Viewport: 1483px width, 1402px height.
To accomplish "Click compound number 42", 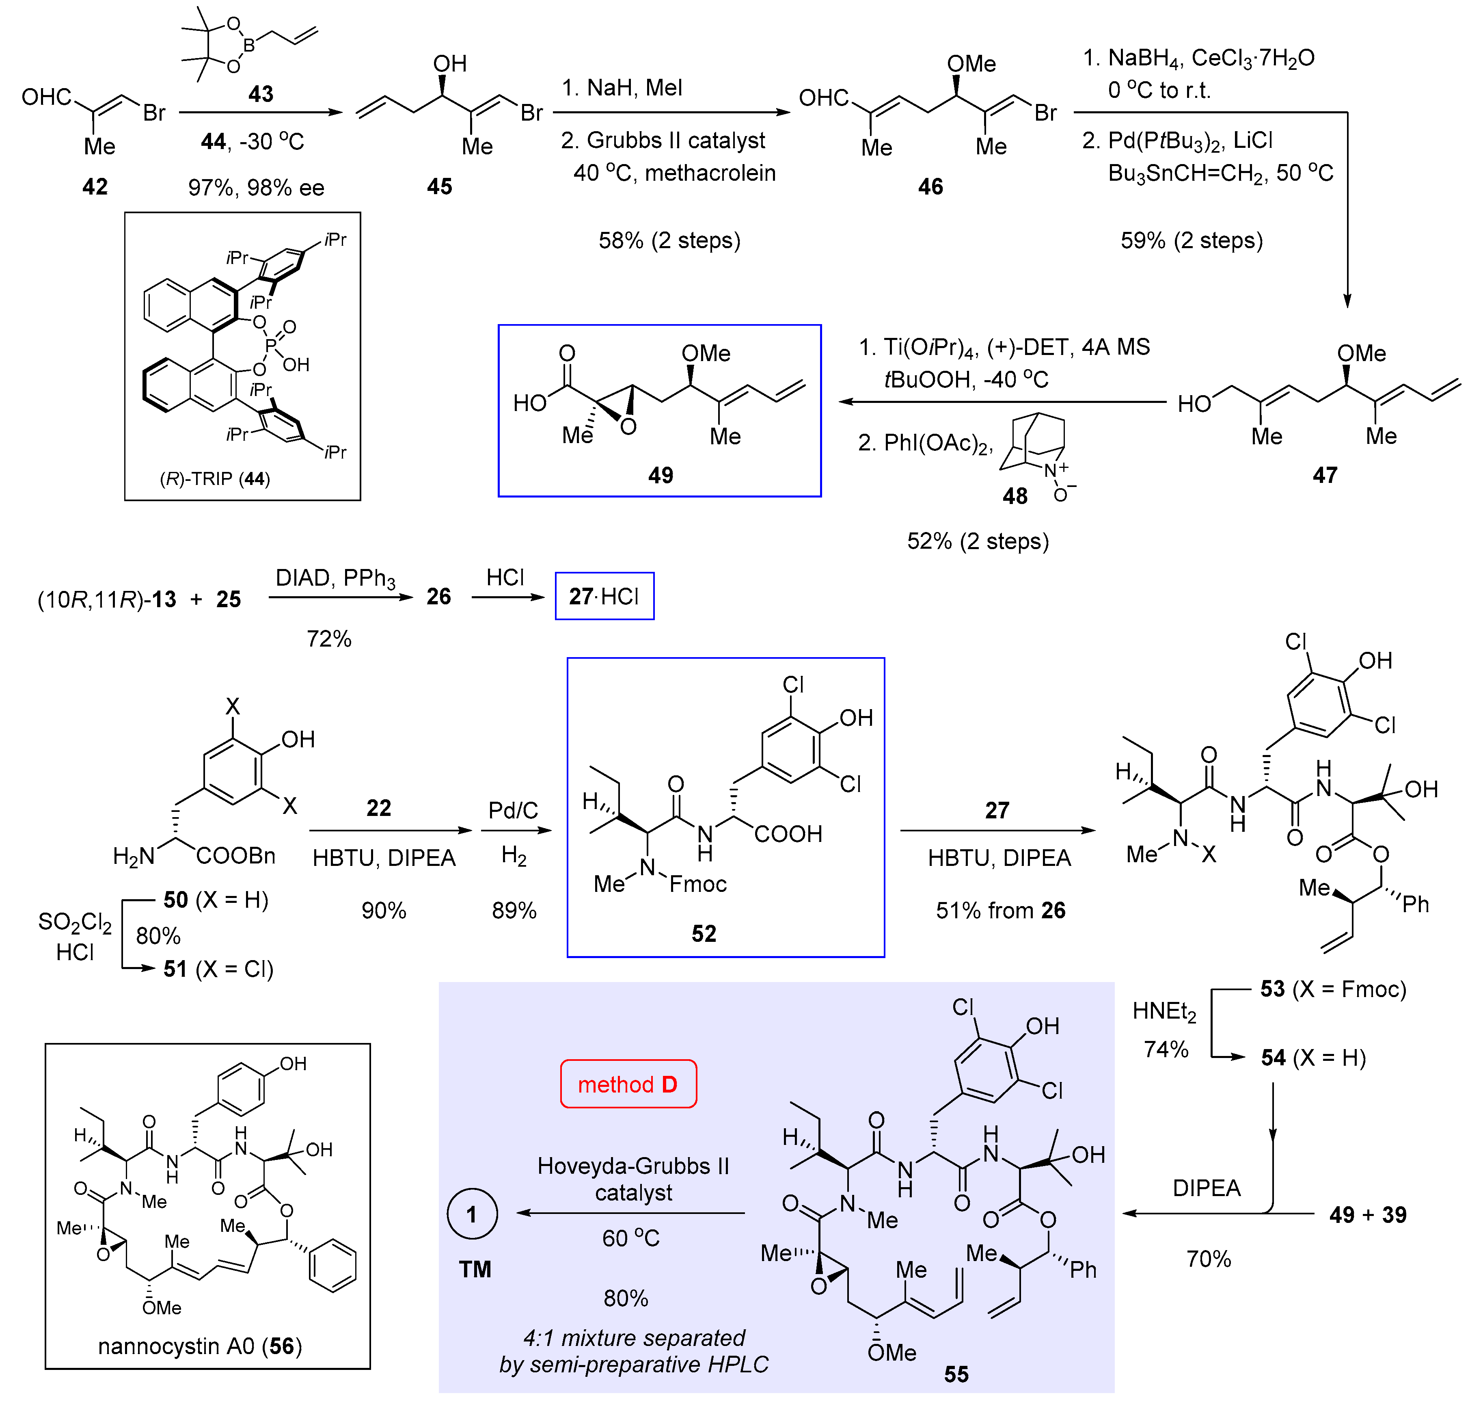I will coord(95,186).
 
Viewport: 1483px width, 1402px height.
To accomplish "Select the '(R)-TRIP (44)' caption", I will coord(215,478).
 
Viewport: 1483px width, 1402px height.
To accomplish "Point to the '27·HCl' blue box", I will coord(604,596).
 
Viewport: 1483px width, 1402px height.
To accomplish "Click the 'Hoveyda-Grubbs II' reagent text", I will coord(633,1166).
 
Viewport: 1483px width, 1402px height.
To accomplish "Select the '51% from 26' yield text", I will coord(1000,910).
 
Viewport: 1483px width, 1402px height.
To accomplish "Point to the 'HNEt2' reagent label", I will coord(1164,1012).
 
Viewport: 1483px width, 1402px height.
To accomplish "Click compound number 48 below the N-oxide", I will coord(1015,495).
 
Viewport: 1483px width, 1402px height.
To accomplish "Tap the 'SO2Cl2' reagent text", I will coord(75,922).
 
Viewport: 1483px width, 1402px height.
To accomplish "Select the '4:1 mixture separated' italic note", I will coord(634,1337).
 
